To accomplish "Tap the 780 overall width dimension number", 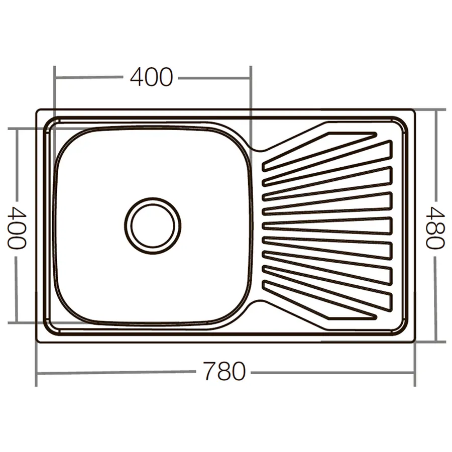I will click(x=224, y=372).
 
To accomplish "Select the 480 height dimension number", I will click(x=435, y=228).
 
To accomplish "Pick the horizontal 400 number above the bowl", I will click(x=151, y=77).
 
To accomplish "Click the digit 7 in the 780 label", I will click(x=211, y=372).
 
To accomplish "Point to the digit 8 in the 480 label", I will click(x=435, y=228).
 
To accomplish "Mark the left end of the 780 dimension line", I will click(x=37, y=374).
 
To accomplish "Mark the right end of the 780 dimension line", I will click(x=414, y=373).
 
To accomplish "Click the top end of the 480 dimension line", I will click(x=436, y=110).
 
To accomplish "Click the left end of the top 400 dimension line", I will click(x=54, y=78).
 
